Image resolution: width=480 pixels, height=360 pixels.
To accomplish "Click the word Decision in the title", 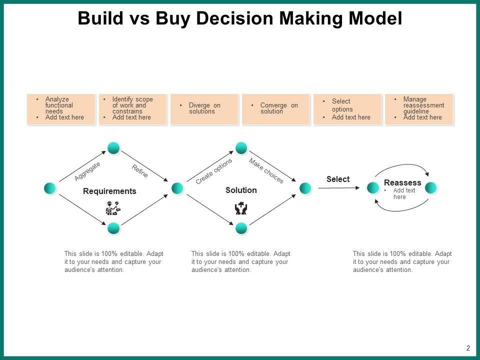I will pos(231,18).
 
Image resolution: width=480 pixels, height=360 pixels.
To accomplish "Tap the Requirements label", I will pos(109,191).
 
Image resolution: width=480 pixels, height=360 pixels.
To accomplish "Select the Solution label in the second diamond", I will pos(241,190).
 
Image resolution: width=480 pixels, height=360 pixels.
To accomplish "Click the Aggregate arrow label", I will pos(87,171).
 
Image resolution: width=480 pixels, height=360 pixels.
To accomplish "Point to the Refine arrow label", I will pos(140,171).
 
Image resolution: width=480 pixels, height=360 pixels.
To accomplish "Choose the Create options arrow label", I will pos(214,171).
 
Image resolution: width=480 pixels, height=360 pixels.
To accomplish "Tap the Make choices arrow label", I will pos(266,171).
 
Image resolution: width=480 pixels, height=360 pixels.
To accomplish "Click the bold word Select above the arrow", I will pos(338,179).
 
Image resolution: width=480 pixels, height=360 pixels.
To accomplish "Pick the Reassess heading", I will pos(402,183).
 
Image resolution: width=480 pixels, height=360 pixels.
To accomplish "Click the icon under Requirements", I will pos(112,207).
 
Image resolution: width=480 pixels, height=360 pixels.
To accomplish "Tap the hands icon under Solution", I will pos(241,208).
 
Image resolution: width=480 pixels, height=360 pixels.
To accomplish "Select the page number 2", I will pos(468,348).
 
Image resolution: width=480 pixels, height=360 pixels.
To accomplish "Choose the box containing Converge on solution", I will pos(276,108).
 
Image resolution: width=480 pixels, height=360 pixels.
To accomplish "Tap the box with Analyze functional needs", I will pos(61,108).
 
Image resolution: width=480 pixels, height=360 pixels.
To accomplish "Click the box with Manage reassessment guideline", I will pos(419,108).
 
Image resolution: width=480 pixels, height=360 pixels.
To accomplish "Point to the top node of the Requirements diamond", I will pos(113,147).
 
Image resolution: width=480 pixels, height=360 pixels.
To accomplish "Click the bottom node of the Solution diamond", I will pos(241,228).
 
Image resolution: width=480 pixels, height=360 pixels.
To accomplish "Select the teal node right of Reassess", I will pos(431,188).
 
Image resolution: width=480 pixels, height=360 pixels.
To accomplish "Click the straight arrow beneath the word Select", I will pos(339,188).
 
